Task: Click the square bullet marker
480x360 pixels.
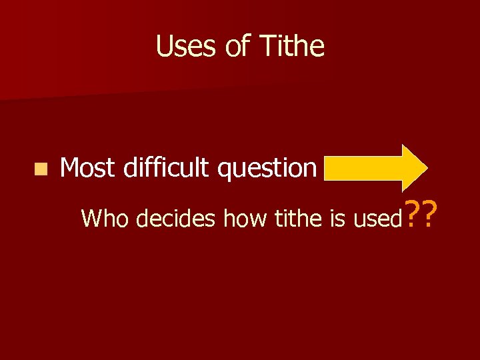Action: pyautogui.click(x=42, y=169)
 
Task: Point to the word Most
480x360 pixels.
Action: pyautogui.click(x=87, y=168)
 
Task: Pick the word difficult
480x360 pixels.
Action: pyautogui.click(x=167, y=168)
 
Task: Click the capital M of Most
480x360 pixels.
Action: pyautogui.click(x=70, y=168)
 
